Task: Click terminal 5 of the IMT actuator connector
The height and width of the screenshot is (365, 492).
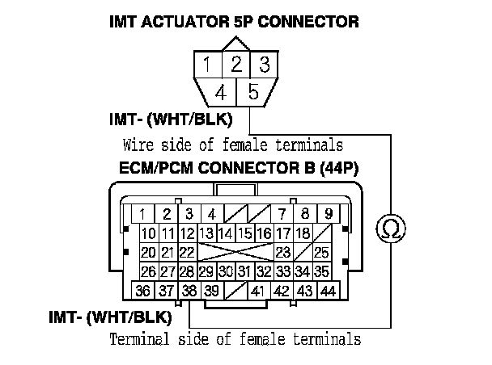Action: point(252,93)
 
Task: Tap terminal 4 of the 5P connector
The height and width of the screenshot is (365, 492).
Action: point(220,93)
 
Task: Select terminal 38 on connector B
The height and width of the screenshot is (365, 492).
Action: point(189,291)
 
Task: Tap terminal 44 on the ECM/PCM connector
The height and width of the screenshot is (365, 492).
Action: point(328,291)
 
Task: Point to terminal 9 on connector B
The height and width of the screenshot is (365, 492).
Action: point(328,215)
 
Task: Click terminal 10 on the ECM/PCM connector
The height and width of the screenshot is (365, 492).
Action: point(148,234)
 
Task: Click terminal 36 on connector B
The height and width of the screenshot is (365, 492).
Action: point(143,291)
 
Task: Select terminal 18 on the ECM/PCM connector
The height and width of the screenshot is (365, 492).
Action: point(303,234)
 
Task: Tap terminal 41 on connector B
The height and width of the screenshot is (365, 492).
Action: point(259,291)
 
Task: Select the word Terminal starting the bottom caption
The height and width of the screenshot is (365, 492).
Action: point(138,339)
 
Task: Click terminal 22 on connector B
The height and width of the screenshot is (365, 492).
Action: point(187,252)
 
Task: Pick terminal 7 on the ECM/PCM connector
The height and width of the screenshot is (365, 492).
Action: point(281,215)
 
